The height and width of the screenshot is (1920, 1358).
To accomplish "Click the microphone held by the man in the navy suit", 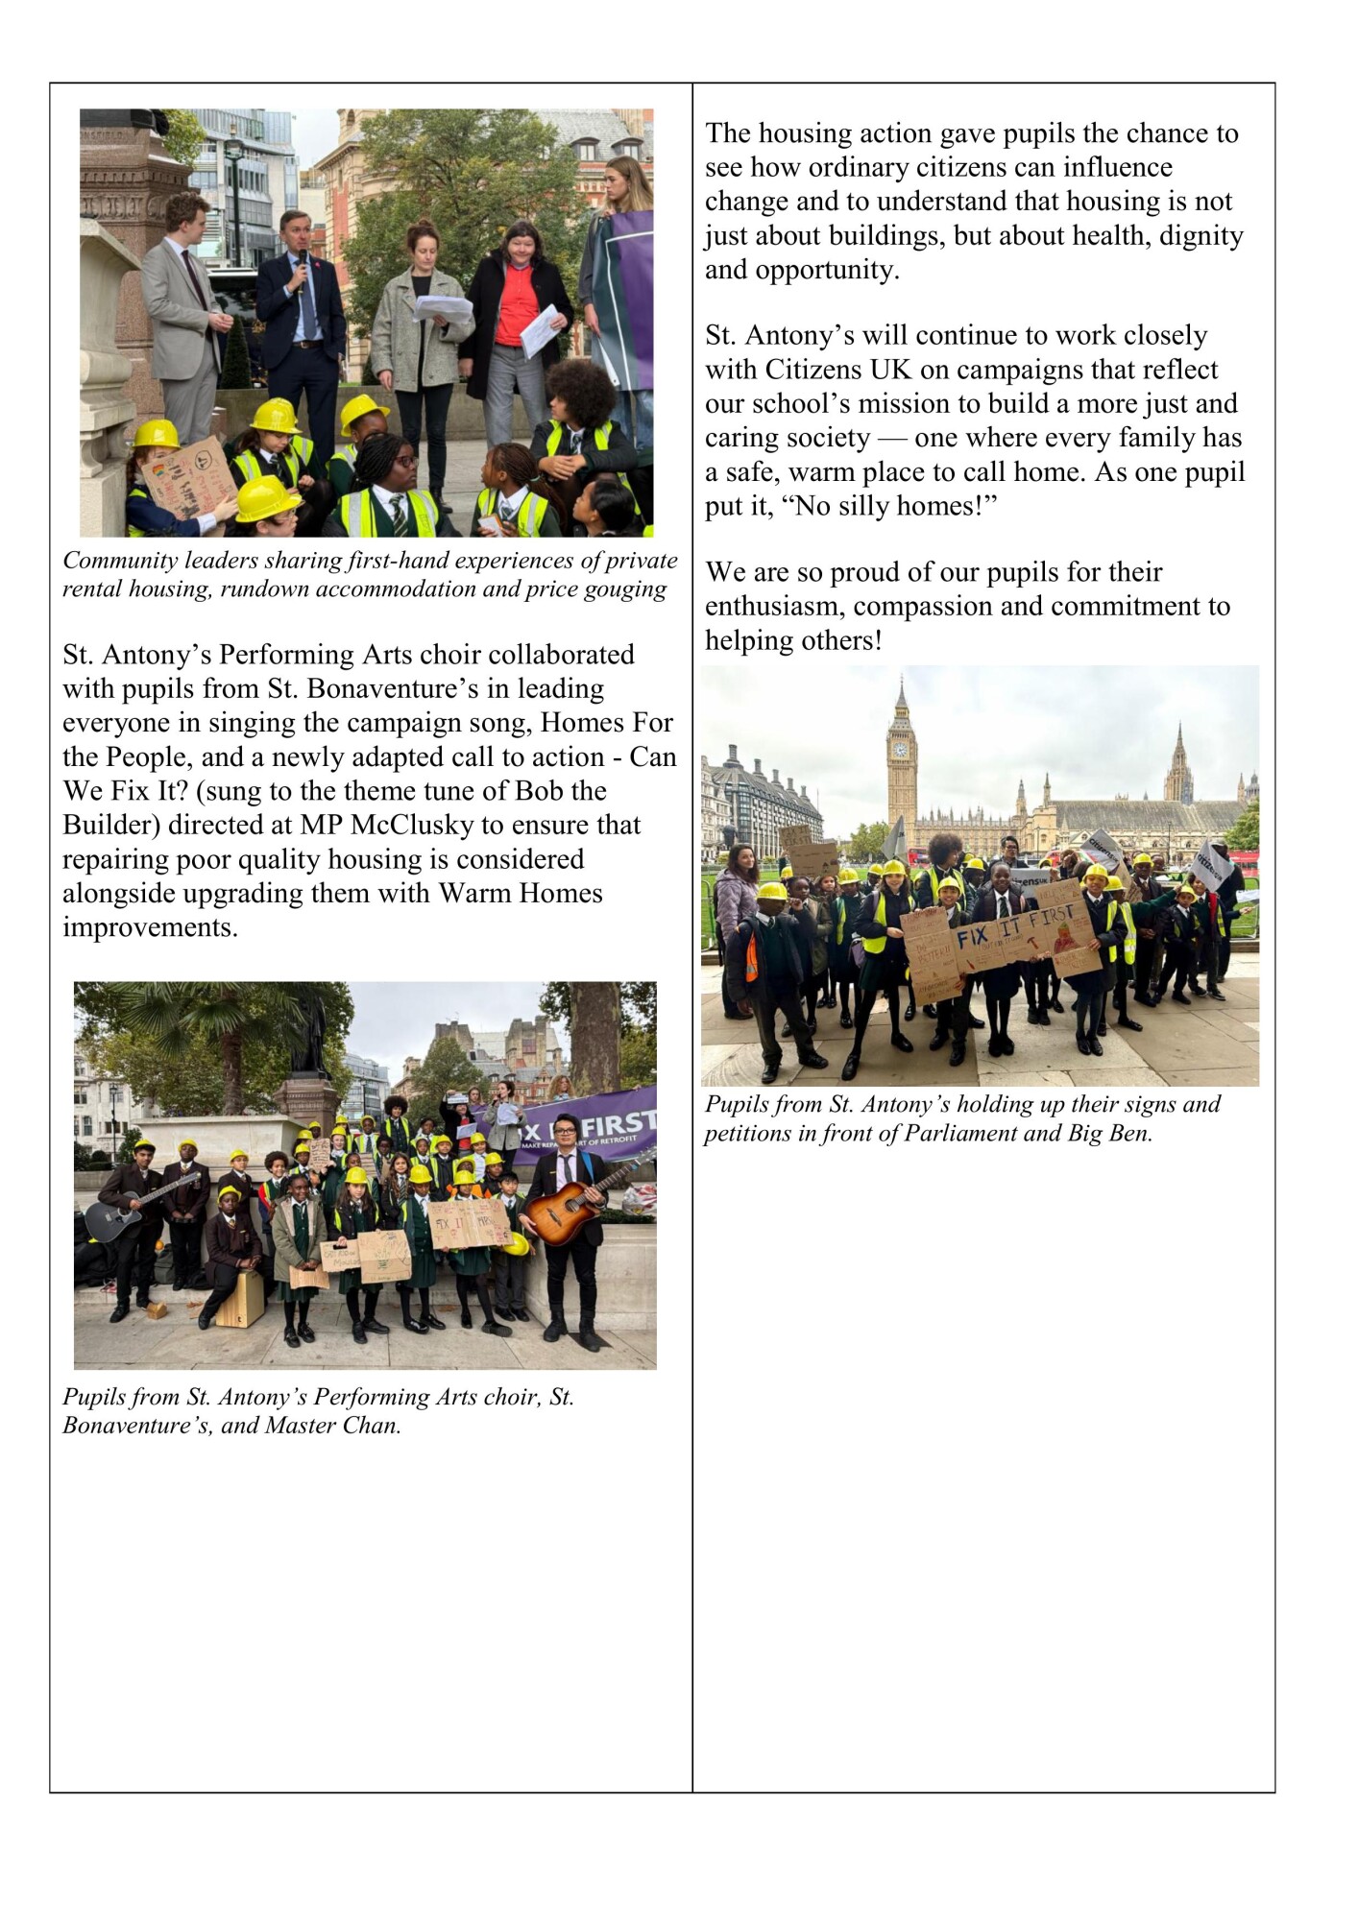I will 301,275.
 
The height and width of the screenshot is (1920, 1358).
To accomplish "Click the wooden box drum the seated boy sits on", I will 240,1301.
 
